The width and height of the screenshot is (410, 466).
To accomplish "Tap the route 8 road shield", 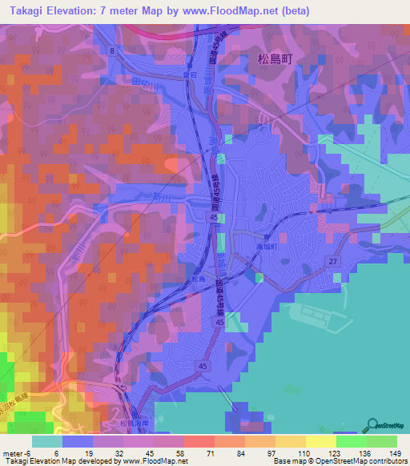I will [113, 50].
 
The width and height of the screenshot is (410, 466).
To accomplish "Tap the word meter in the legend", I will [11, 454].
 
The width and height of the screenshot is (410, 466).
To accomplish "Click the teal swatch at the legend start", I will [46, 441].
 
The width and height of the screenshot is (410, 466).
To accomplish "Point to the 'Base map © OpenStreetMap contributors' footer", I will [340, 462].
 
